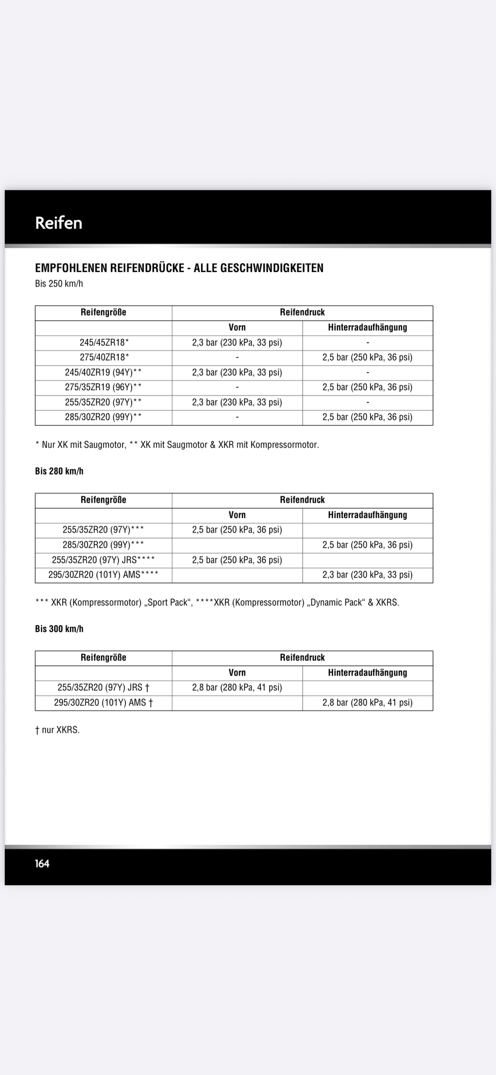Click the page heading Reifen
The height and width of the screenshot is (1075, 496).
pos(59,223)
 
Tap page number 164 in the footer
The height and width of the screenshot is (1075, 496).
pos(42,863)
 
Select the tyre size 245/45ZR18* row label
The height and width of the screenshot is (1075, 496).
pos(104,342)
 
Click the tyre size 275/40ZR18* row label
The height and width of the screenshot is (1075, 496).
pos(104,357)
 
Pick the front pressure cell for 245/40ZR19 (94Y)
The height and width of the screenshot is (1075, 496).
pos(237,372)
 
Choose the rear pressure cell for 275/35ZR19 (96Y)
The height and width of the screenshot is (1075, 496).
pos(367,387)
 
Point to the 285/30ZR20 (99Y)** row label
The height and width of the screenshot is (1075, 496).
pos(104,417)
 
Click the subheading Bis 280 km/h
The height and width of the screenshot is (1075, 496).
pos(59,471)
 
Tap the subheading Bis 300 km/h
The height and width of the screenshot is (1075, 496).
pos(59,629)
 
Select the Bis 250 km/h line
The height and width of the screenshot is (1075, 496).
pos(59,284)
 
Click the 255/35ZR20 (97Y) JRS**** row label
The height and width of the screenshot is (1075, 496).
pos(104,560)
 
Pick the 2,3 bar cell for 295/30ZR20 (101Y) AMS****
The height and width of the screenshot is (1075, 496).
pos(367,575)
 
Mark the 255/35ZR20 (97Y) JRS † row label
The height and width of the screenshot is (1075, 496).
pos(104,687)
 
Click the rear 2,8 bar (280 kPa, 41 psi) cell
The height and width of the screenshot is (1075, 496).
pos(367,703)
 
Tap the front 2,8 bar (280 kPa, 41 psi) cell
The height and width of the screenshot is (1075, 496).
pos(237,687)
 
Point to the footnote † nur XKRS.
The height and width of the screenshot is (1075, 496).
pos(57,730)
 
